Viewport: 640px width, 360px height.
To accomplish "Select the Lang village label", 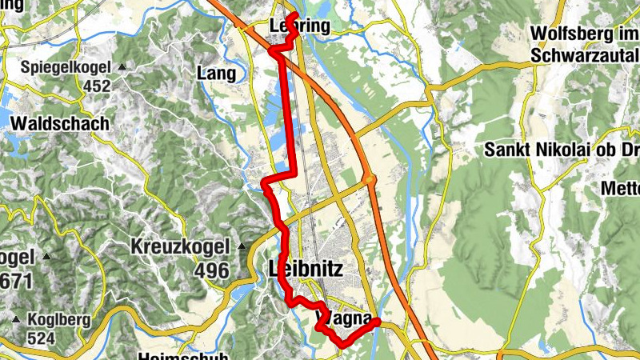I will (x=216, y=74).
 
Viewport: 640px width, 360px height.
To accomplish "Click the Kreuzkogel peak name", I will (x=180, y=246).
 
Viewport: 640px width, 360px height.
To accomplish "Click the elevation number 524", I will (x=40, y=338).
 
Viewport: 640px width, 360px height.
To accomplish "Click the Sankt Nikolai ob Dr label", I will (x=561, y=149).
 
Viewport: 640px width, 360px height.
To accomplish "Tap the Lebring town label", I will (x=300, y=26).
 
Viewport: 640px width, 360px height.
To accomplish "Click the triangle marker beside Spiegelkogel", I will (x=122, y=66).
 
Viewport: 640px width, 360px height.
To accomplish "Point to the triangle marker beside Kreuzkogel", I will (x=242, y=246).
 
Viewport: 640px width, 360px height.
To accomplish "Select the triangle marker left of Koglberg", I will (x=15, y=319).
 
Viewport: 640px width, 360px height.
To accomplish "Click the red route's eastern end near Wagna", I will (x=377, y=322).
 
